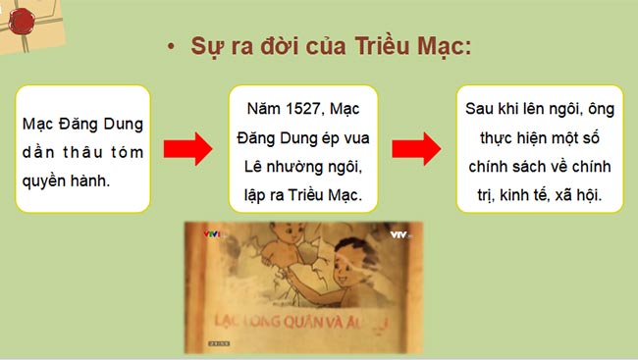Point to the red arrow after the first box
coord(187,149)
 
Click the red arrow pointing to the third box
coord(416,149)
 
